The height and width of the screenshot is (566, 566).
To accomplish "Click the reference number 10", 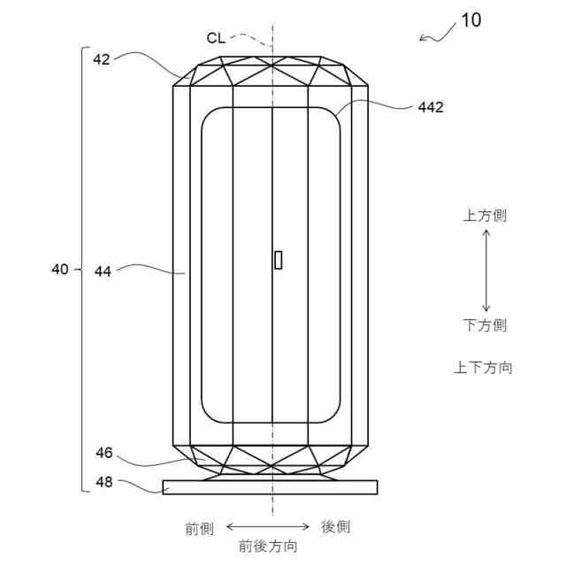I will pos(470,20).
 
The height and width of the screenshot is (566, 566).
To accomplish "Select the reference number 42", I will pos(103,59).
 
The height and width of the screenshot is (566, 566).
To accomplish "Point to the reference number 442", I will pos(431,107).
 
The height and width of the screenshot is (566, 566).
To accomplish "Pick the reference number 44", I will pos(103,272).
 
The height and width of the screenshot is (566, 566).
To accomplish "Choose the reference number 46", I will pos(103,453).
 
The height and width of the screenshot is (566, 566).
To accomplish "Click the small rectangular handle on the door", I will pos(279,259).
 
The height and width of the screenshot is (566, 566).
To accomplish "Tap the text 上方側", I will pos(485,216).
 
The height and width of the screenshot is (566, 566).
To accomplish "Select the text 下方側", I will pos(485,325).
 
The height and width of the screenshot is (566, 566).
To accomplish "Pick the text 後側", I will pos(335,527).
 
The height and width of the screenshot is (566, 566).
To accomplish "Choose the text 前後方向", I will pos(268,547).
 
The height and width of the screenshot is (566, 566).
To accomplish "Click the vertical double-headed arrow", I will pos(486,270).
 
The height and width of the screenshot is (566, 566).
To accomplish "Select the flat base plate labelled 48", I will pos(270,487).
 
